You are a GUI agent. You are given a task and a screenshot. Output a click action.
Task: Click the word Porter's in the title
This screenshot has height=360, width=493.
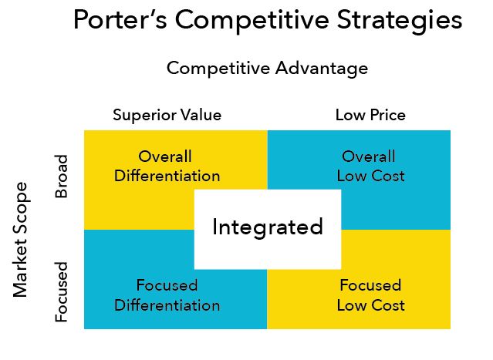[x=120, y=20]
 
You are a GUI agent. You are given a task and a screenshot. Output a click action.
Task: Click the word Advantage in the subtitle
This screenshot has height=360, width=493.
[x=322, y=69]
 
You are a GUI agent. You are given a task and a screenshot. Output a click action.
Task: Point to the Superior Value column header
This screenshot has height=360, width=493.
[x=167, y=116]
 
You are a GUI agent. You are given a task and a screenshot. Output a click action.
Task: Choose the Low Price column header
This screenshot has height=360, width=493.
[x=370, y=115]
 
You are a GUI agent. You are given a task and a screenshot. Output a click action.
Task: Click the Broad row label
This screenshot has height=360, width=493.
[x=61, y=176]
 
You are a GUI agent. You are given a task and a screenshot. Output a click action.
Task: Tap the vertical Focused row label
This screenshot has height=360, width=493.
[x=61, y=292]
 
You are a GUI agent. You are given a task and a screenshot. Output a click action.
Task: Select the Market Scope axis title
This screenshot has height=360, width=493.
[x=21, y=240]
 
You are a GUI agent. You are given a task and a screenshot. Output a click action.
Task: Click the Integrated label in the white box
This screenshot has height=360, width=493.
[x=268, y=227]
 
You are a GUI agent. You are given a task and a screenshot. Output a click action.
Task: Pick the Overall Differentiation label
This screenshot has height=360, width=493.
[x=167, y=167]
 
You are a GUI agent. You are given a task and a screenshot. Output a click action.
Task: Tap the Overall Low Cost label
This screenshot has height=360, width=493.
[x=370, y=167]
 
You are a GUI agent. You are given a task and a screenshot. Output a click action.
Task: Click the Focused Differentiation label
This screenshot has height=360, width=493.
[x=167, y=295]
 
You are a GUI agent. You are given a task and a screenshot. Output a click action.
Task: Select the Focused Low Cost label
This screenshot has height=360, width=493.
[x=370, y=295]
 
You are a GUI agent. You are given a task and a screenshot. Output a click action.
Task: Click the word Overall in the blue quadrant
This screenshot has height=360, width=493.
[x=369, y=156]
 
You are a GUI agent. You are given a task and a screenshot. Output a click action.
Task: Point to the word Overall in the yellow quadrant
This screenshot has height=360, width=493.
[x=165, y=156]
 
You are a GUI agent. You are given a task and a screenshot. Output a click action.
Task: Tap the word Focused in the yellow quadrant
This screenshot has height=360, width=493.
[x=370, y=285]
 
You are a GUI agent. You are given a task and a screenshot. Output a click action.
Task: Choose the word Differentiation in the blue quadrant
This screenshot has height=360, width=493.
[x=167, y=305]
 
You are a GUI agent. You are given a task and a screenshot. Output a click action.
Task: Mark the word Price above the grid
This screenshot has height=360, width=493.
[x=387, y=115]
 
